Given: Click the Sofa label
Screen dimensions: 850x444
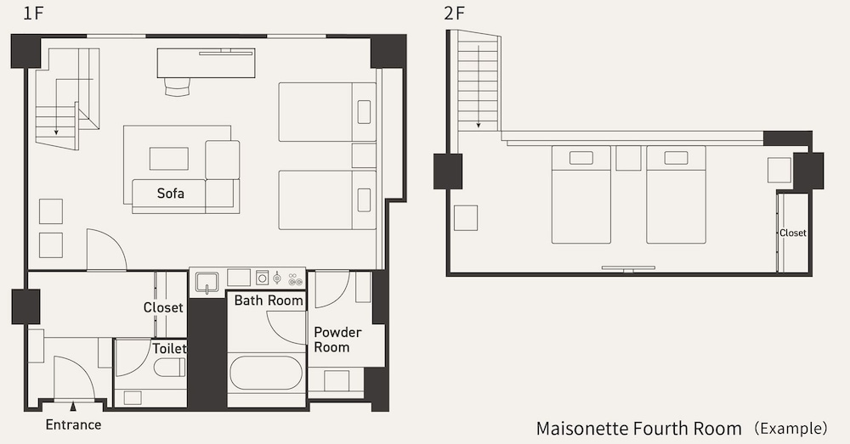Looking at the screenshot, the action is click(170, 194).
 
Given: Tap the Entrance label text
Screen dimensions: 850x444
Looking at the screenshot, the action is click(73, 424).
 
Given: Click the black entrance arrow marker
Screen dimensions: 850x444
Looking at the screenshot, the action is click(73, 406).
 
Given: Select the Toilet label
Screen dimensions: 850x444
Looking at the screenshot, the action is click(169, 348).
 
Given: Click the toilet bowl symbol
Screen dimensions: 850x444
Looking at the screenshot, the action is click(170, 368).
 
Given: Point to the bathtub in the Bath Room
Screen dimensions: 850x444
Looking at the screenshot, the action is click(266, 373).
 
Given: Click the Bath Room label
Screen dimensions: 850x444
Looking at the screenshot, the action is click(269, 301).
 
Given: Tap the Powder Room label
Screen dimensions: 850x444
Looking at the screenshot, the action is click(337, 340).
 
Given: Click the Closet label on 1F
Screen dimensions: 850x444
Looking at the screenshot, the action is click(163, 307).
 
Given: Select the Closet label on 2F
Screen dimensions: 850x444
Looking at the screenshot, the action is click(792, 233).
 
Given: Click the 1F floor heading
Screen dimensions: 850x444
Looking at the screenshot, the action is click(32, 13).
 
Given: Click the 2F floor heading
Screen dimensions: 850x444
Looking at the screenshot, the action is click(454, 13).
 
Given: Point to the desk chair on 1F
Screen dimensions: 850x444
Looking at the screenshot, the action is click(178, 87).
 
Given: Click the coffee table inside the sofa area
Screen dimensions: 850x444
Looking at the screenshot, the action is click(168, 159).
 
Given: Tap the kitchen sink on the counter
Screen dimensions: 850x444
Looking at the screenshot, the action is click(207, 282).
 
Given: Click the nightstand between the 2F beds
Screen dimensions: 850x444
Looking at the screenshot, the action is click(628, 158).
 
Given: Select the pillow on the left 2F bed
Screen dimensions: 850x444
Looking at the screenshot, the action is click(581, 158).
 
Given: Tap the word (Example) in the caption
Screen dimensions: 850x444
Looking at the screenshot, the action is click(791, 429).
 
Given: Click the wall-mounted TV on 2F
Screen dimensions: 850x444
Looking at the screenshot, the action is click(628, 268).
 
